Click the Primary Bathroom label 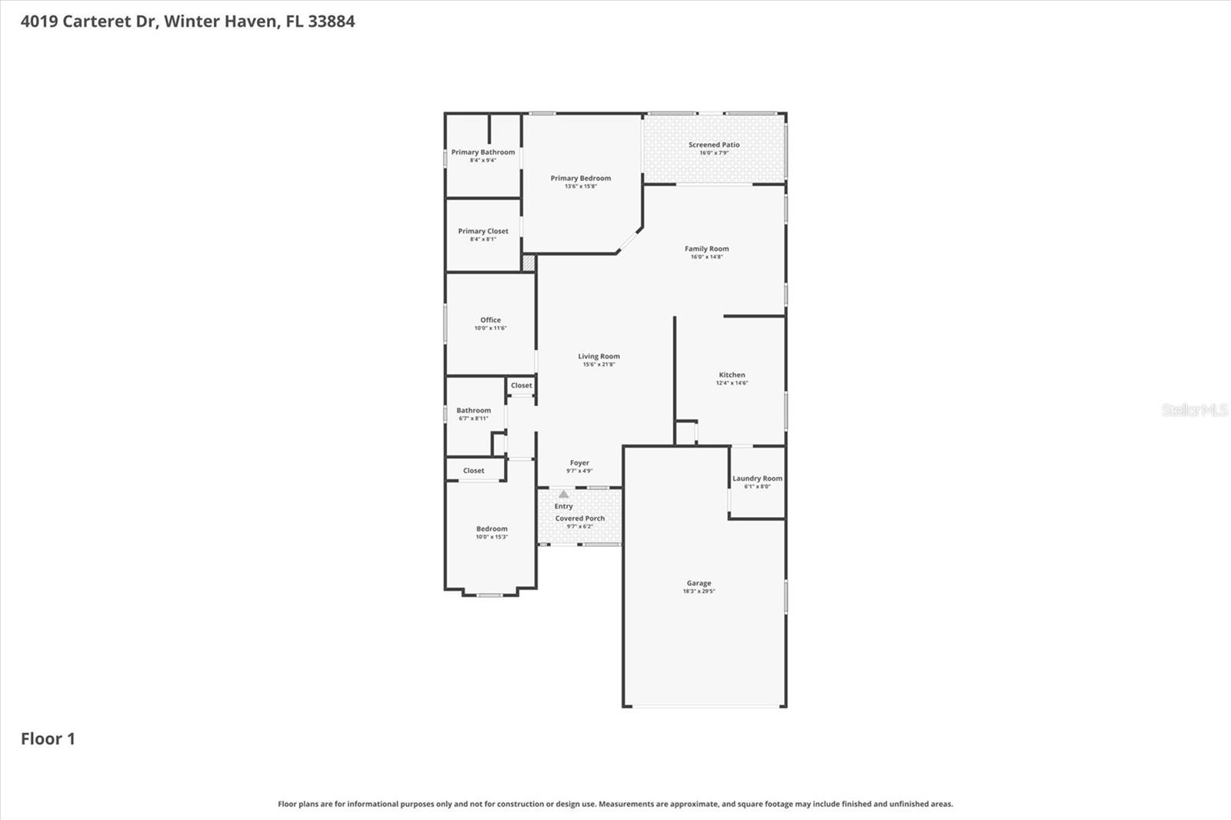point(482,152)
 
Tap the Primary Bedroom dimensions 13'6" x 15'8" point(580,186)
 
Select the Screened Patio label point(714,145)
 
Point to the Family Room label point(706,248)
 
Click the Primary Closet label point(482,231)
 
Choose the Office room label point(490,320)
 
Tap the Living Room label point(599,356)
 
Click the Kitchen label point(732,375)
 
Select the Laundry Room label point(757,478)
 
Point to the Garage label point(699,583)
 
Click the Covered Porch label point(580,518)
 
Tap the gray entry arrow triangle point(563,495)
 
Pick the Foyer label point(579,463)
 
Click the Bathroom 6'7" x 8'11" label point(473,411)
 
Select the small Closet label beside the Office point(521,385)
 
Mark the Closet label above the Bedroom point(473,471)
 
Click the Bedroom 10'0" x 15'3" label point(492,529)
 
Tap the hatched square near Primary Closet point(529,262)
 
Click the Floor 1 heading point(48,738)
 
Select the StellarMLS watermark point(1194,410)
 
